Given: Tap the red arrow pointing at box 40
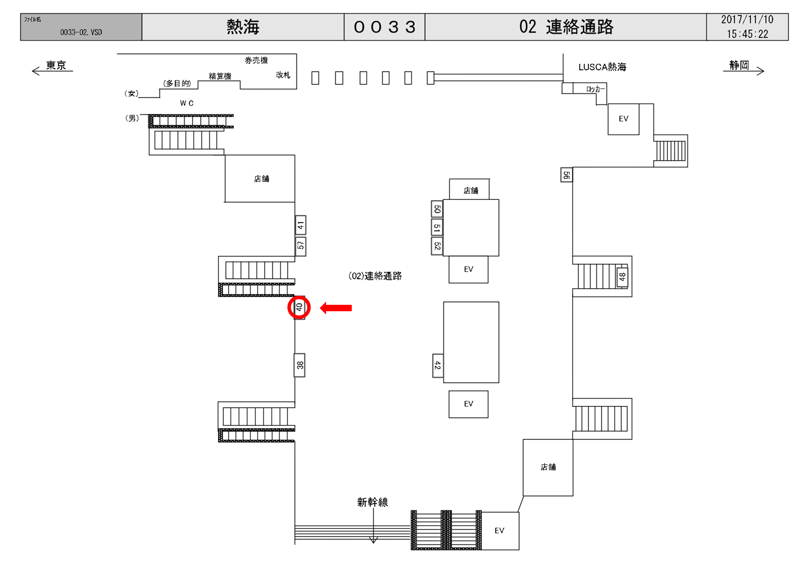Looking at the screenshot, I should [x=336, y=308].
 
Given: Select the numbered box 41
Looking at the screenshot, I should [x=300, y=225].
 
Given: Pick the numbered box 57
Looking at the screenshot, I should [x=300, y=246].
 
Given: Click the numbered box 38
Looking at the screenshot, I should [x=299, y=365].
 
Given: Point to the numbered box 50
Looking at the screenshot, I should [x=437, y=209].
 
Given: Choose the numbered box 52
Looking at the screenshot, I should [x=437, y=246].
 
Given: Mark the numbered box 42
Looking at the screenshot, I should [x=438, y=366].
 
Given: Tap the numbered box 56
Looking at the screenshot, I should [x=566, y=175].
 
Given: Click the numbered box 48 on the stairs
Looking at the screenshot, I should [x=622, y=277].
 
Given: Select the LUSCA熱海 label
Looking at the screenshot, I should [x=602, y=67].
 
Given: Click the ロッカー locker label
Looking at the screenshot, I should [x=595, y=89].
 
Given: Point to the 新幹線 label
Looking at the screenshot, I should [x=372, y=502].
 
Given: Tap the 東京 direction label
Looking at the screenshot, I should [x=56, y=65].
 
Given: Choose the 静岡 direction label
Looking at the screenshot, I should [x=739, y=65].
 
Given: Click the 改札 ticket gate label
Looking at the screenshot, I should [x=283, y=75].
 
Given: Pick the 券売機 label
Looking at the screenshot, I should [x=256, y=60].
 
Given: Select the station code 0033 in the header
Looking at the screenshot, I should [x=384, y=27].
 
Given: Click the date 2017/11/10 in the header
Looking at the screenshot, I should [x=747, y=20].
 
